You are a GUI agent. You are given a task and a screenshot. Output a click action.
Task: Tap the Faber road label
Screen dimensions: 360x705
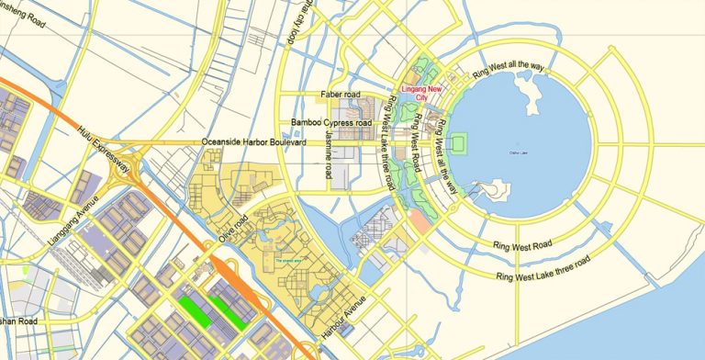pos(341,95)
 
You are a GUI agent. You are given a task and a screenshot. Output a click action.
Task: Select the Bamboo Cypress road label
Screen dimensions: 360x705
pos(330,122)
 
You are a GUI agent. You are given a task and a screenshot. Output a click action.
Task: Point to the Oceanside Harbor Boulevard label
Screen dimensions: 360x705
pos(253,142)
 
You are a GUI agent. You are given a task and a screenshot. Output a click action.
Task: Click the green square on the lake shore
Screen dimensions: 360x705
pos(462,142)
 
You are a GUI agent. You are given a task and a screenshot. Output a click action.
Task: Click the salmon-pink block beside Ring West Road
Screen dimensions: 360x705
pos(420,221)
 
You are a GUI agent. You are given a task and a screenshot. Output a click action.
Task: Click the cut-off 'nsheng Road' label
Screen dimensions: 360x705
pos(24,16)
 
